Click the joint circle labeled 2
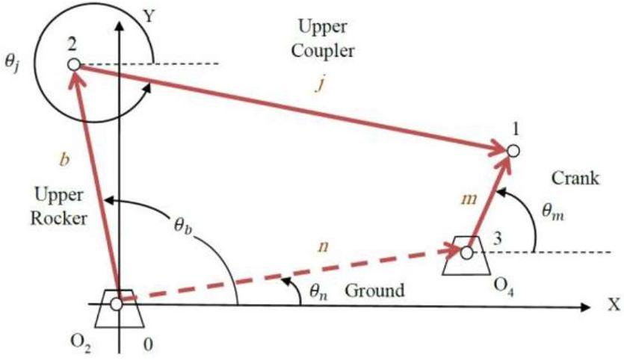pyautogui.click(x=73, y=65)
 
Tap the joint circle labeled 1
pyautogui.click(x=512, y=151)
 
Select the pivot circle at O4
pyautogui.click(x=467, y=253)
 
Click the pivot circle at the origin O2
pyautogui.click(x=117, y=304)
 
